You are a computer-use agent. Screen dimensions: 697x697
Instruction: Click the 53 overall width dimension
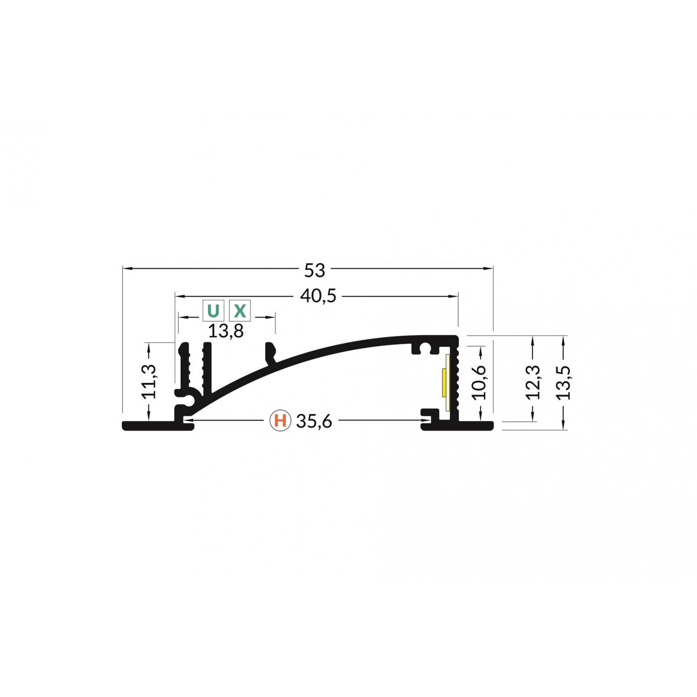click(315, 270)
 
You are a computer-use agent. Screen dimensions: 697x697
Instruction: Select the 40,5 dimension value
click(318, 296)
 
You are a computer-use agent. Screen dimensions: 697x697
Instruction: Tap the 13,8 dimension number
click(226, 331)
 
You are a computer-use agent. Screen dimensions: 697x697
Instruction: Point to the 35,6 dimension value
click(314, 421)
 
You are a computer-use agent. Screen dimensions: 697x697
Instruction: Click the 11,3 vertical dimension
click(149, 381)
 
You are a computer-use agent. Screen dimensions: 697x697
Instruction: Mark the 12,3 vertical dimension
click(533, 382)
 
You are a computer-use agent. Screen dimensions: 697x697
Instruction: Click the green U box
click(213, 310)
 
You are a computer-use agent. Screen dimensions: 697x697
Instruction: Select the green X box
click(240, 310)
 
